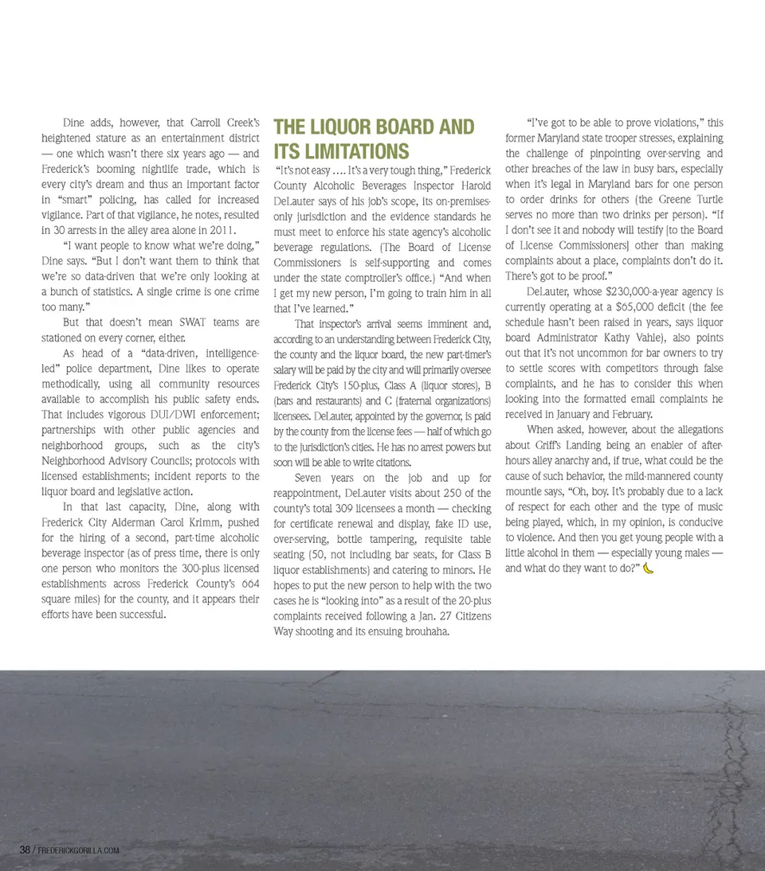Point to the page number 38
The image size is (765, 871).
[x=25, y=850]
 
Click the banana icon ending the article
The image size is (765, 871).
[x=649, y=568]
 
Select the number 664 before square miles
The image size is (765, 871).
[x=248, y=584]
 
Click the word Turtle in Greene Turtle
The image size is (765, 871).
[x=704, y=199]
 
